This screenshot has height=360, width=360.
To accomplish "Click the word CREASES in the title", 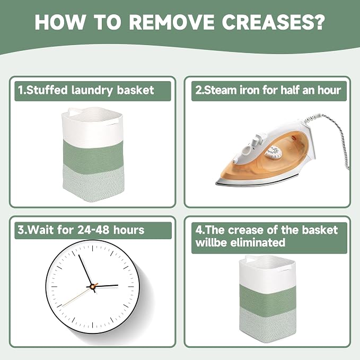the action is (273, 22).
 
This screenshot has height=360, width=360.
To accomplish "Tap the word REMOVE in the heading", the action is (171, 22).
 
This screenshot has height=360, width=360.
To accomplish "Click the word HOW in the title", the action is (60, 22).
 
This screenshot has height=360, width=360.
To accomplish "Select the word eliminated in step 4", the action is (258, 242).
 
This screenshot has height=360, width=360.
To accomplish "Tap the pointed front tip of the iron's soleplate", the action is (216, 183).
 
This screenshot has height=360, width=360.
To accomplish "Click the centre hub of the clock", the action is (93, 286).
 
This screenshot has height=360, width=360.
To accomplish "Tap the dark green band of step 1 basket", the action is (93, 153).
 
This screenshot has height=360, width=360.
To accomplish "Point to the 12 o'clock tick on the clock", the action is (93, 248).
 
